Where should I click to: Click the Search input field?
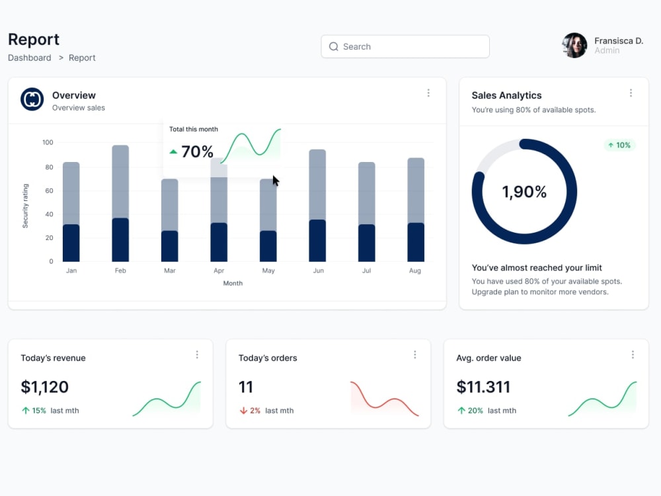click(405, 46)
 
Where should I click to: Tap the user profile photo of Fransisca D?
click(574, 46)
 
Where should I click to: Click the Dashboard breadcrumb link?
click(30, 58)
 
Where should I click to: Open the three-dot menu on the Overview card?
click(428, 93)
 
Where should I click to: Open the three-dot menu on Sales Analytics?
click(631, 93)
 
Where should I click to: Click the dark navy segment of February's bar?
click(120, 239)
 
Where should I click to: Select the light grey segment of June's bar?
click(317, 185)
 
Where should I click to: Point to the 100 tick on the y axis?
click(48, 143)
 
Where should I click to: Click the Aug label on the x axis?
click(415, 270)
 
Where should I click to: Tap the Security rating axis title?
click(25, 206)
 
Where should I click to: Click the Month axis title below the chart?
click(233, 284)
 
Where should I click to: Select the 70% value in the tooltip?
click(197, 152)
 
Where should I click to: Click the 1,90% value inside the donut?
click(524, 192)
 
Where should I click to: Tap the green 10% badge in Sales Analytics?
click(619, 145)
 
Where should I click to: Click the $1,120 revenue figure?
click(45, 387)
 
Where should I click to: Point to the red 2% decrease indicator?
click(250, 411)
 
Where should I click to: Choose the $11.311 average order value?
click(483, 387)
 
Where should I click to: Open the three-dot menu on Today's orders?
click(415, 354)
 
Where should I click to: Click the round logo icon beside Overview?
click(32, 99)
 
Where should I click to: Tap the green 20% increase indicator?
click(470, 411)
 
